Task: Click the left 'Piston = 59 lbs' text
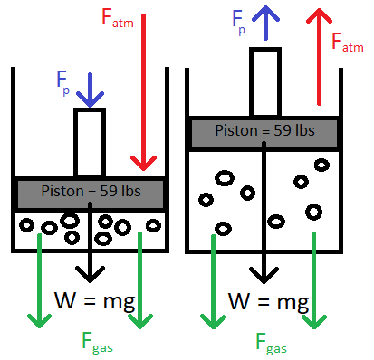[90, 191]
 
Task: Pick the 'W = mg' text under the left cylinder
[94, 300]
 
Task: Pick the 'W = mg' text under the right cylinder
[267, 300]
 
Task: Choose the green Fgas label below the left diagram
[91, 343]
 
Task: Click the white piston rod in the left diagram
[90, 143]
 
